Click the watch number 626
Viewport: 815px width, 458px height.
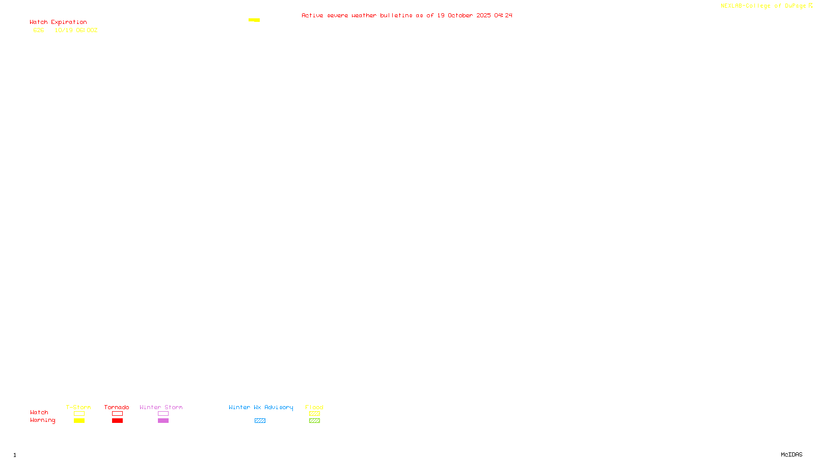[x=39, y=30]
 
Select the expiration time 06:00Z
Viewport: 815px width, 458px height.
[x=87, y=30]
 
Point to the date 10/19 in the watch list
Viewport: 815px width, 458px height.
[x=64, y=30]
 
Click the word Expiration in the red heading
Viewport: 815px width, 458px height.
[x=69, y=22]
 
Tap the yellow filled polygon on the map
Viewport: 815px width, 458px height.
[x=254, y=20]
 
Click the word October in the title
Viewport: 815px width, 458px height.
[x=460, y=15]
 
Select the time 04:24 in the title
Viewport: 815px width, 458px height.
[x=503, y=15]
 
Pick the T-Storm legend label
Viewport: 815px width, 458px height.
[x=78, y=407]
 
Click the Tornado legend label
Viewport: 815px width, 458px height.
[x=117, y=407]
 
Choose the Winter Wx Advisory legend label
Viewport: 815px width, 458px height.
[x=261, y=407]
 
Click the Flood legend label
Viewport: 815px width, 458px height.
[x=314, y=407]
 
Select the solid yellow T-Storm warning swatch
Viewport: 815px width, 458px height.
[x=79, y=421]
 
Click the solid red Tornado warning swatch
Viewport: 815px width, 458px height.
[x=117, y=421]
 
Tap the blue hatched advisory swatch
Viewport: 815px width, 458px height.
[x=260, y=421]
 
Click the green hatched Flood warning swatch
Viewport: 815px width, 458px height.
[x=314, y=421]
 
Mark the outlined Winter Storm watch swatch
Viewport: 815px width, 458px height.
[x=163, y=414]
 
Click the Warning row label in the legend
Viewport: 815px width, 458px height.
[x=42, y=420]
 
